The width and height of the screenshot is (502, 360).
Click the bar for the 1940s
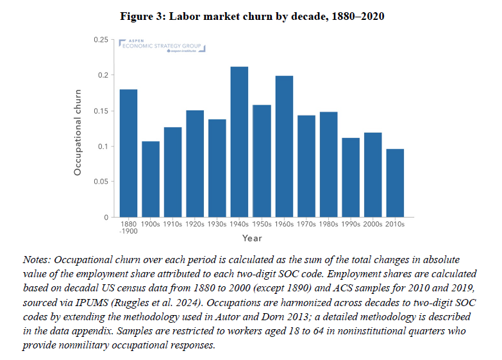239,142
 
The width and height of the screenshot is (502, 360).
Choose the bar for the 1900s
151,179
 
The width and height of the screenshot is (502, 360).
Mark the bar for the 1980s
328,164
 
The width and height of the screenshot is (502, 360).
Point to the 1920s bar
195,164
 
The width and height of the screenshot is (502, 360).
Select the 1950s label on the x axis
262,224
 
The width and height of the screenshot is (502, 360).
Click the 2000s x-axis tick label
372,224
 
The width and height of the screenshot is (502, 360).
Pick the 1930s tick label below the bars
217,224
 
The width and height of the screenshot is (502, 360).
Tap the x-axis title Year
252,239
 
